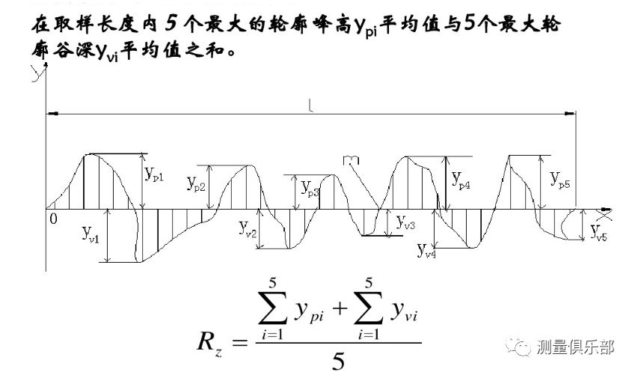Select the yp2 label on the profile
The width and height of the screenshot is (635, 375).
click(x=197, y=183)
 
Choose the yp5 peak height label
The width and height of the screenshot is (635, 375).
click(x=559, y=180)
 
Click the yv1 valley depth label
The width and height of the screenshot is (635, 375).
click(x=93, y=234)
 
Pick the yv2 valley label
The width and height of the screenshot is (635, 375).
click(x=248, y=228)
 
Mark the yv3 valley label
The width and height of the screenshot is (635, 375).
click(x=405, y=223)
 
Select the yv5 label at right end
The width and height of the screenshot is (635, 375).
click(x=599, y=233)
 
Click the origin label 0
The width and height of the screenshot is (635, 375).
click(x=52, y=219)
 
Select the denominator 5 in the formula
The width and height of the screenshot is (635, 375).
click(x=338, y=361)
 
